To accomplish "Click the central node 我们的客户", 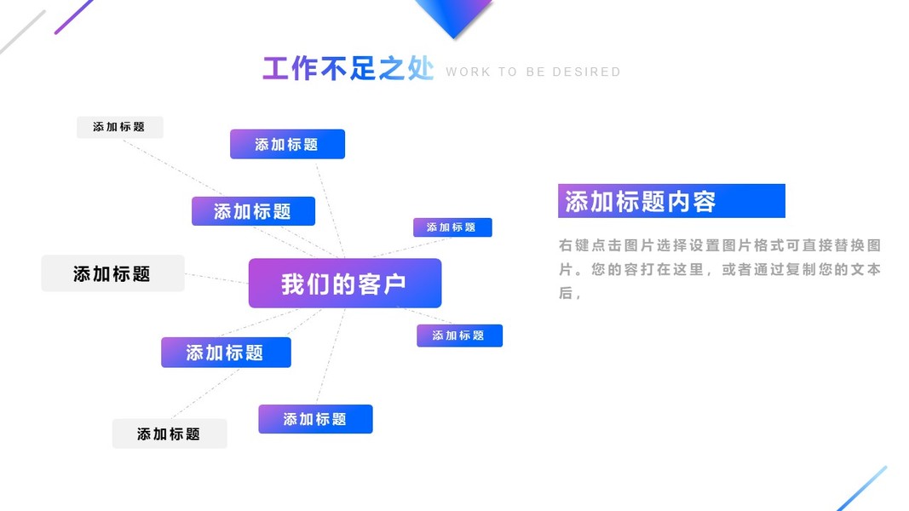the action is point(344,284).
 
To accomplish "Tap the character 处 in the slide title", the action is point(420,69).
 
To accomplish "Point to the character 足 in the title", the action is point(362,69).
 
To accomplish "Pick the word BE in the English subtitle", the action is point(536,72).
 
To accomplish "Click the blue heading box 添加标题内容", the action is point(670,202).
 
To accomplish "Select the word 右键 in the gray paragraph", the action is point(574,246).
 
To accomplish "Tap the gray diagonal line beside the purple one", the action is point(22,32).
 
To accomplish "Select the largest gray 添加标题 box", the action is point(112,273).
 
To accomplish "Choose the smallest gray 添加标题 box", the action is point(119,127).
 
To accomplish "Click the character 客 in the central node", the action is point(371,284).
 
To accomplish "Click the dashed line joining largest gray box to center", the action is point(216,278).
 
